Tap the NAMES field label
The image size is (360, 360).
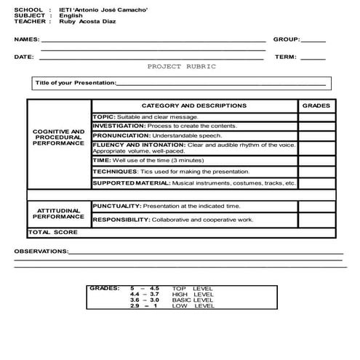pyautogui.click(x=27, y=39)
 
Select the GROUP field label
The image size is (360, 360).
pyautogui.click(x=286, y=39)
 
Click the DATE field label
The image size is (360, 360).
pyautogui.click(x=23, y=56)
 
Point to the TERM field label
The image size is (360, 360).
pyautogui.click(x=285, y=56)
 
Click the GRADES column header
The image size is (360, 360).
pyautogui.click(x=316, y=105)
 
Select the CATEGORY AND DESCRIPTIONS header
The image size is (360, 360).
pyautogui.click(x=193, y=105)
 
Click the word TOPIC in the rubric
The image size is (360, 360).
pyautogui.click(x=103, y=116)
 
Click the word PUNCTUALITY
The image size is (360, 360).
pyautogui.click(x=116, y=206)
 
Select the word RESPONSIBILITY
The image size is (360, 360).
pyautogui.click(x=121, y=219)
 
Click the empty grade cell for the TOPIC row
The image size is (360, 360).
pyautogui.click(x=316, y=116)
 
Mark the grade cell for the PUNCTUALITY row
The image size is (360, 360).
pyautogui.click(x=316, y=207)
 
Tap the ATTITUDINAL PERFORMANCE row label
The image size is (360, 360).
pyautogui.click(x=59, y=213)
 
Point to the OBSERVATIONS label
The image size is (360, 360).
pyautogui.click(x=41, y=251)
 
